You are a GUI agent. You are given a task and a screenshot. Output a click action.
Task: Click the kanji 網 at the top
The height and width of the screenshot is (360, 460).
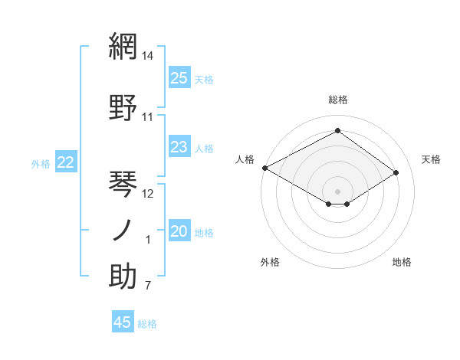(x=123, y=47)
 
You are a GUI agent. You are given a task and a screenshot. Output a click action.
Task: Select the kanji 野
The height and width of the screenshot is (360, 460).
(x=123, y=108)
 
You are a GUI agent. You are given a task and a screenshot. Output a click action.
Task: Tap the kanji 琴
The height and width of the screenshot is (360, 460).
(x=123, y=185)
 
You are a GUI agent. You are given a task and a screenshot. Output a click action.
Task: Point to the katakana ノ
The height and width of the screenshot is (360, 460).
(x=123, y=231)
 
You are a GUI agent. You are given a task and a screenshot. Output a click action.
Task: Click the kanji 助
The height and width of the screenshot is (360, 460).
(x=123, y=277)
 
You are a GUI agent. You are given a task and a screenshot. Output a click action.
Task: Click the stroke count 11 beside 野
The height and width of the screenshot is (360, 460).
(x=148, y=117)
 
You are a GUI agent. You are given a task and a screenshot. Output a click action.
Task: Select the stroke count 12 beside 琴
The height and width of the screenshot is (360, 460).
(x=149, y=194)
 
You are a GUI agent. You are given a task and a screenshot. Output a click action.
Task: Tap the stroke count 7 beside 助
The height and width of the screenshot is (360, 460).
(x=148, y=286)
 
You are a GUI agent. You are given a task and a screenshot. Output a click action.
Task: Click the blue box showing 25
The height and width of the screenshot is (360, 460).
(x=179, y=78)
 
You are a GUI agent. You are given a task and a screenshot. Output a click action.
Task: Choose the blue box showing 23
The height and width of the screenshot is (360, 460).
(x=179, y=147)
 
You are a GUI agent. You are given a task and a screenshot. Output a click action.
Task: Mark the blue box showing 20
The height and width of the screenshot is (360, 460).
(x=179, y=232)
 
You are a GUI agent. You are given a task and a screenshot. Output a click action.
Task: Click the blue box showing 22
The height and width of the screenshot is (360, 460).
(x=66, y=162)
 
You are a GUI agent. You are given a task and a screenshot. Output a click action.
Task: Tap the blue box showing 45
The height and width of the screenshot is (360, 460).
(x=123, y=322)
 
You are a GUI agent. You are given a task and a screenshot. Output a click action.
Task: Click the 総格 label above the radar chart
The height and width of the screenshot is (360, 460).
(x=337, y=100)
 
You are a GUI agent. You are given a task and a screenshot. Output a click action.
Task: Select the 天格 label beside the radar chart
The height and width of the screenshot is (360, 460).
(x=431, y=159)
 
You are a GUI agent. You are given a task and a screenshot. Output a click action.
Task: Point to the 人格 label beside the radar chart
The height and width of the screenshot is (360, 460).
(x=245, y=159)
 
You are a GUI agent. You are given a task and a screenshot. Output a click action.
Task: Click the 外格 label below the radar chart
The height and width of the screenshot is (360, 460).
(x=270, y=262)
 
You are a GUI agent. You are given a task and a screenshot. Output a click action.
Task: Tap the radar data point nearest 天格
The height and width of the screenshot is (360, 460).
(x=396, y=173)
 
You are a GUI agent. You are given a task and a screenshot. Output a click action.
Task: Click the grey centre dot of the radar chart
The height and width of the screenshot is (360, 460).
(x=337, y=191)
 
